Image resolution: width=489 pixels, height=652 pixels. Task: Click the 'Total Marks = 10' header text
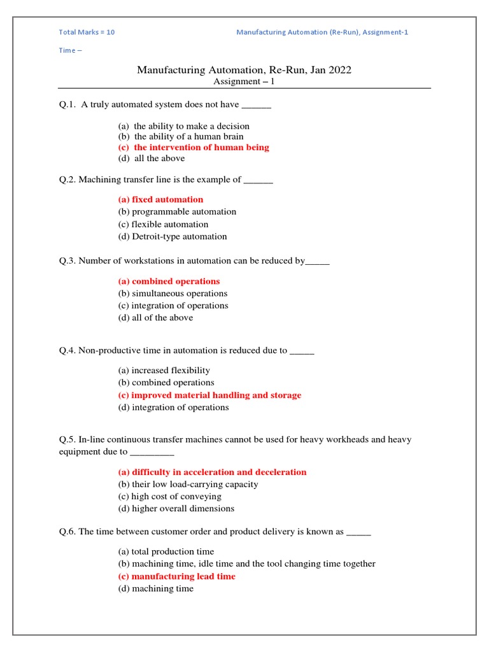pos(87,32)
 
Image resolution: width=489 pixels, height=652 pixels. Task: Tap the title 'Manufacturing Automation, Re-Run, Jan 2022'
pos(244,69)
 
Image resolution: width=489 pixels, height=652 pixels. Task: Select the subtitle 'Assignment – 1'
pos(244,81)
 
